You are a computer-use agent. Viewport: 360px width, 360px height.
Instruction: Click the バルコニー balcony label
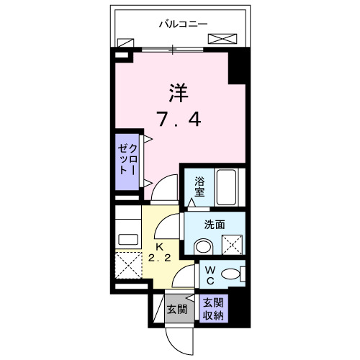tap(183, 24)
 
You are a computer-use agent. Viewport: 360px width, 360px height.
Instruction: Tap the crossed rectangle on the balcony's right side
tap(222, 39)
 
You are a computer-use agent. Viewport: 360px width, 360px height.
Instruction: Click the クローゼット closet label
tap(127, 163)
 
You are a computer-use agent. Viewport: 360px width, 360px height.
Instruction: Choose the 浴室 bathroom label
tap(199, 188)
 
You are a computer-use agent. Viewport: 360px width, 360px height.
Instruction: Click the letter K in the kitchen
tap(160, 246)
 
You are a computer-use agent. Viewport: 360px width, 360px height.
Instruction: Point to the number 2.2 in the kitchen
tap(160, 257)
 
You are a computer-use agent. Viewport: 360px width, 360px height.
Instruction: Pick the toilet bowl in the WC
tap(232, 274)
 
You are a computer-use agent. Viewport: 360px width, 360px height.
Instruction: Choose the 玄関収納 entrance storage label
tap(213, 309)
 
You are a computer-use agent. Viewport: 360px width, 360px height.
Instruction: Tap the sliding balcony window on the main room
tap(173, 49)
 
